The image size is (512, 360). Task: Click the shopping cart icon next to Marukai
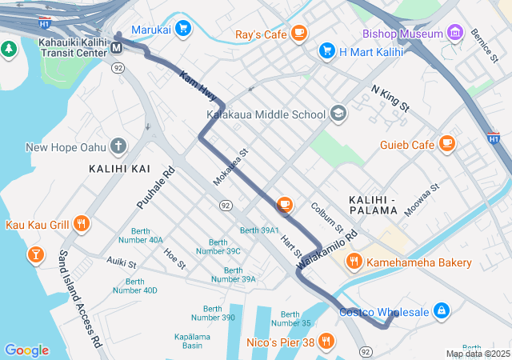pos(183,28)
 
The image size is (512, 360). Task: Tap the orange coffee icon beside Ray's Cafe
pos(299,34)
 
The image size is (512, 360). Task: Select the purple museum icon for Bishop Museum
pos(455,34)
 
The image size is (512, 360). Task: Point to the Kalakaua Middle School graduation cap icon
pos(338,114)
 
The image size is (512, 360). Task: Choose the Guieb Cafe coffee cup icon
pos(446,144)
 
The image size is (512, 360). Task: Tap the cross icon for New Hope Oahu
pos(118,146)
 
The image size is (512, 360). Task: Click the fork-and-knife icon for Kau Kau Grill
pos(80,225)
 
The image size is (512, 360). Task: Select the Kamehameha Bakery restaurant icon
pos(353,262)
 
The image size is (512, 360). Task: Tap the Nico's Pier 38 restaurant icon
pos(326,342)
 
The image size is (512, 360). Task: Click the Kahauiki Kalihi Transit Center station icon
pos(117,47)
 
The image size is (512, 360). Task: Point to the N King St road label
pos(390,98)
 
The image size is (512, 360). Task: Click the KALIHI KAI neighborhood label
pos(119,169)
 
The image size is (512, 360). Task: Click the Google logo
pos(26,350)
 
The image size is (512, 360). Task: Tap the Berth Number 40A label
pos(141,235)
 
